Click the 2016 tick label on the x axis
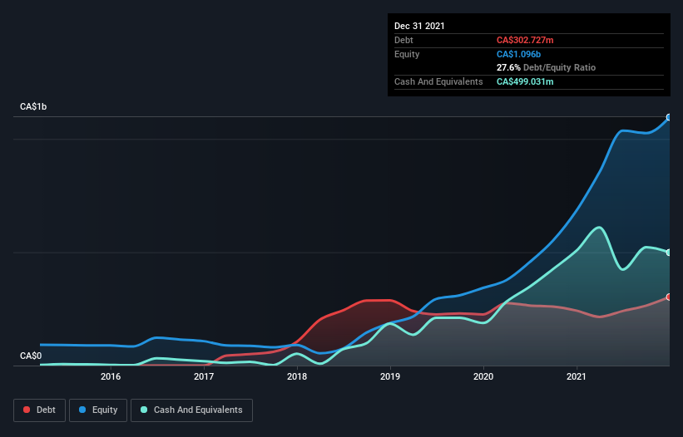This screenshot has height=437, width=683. pyautogui.click(x=111, y=376)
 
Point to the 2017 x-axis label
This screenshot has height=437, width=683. pyautogui.click(x=204, y=376)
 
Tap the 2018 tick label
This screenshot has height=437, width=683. pyautogui.click(x=297, y=376)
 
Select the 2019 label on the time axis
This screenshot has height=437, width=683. pyautogui.click(x=390, y=376)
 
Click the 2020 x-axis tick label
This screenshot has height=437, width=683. pyautogui.click(x=483, y=376)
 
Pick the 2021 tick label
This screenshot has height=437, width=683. pyautogui.click(x=577, y=376)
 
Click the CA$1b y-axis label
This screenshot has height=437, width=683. pyautogui.click(x=33, y=106)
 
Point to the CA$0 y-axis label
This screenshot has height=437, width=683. pyautogui.click(x=31, y=356)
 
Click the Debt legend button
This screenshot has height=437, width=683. pyautogui.click(x=40, y=410)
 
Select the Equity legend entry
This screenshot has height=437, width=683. pyautogui.click(x=98, y=410)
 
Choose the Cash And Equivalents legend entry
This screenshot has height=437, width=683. pyautogui.click(x=191, y=410)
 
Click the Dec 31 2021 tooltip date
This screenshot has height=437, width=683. pyautogui.click(x=419, y=26)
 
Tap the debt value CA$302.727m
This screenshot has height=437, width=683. pyautogui.click(x=525, y=40)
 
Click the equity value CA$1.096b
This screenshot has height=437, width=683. pyautogui.click(x=518, y=54)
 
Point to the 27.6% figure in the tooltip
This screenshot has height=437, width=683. pyautogui.click(x=508, y=67)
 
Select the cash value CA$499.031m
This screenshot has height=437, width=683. pyautogui.click(x=525, y=81)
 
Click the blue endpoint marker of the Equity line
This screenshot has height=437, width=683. pyautogui.click(x=669, y=117)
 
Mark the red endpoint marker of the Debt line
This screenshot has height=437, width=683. pyautogui.click(x=669, y=297)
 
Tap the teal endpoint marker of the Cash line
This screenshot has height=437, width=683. pyautogui.click(x=669, y=253)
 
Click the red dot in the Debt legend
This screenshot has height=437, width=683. pyautogui.click(x=27, y=410)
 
